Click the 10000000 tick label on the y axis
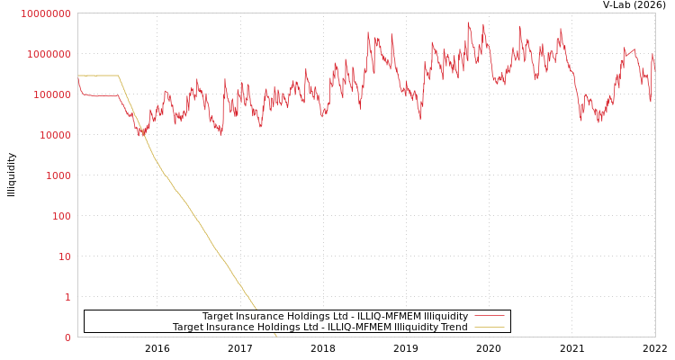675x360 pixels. coord(45,13)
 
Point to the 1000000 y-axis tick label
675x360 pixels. coord(48,54)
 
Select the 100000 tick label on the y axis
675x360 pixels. coord(50,94)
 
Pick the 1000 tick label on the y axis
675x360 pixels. coord(57,175)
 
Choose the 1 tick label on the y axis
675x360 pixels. coord(67,297)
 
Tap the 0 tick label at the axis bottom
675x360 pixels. coord(67,337)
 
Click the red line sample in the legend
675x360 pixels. coord(489,316)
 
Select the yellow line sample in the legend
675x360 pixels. coord(489,328)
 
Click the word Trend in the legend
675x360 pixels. coord(453,328)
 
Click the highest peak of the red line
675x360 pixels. coord(468,22)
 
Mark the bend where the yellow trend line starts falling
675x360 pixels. coord(118,76)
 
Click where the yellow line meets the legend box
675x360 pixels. coord(256,310)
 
